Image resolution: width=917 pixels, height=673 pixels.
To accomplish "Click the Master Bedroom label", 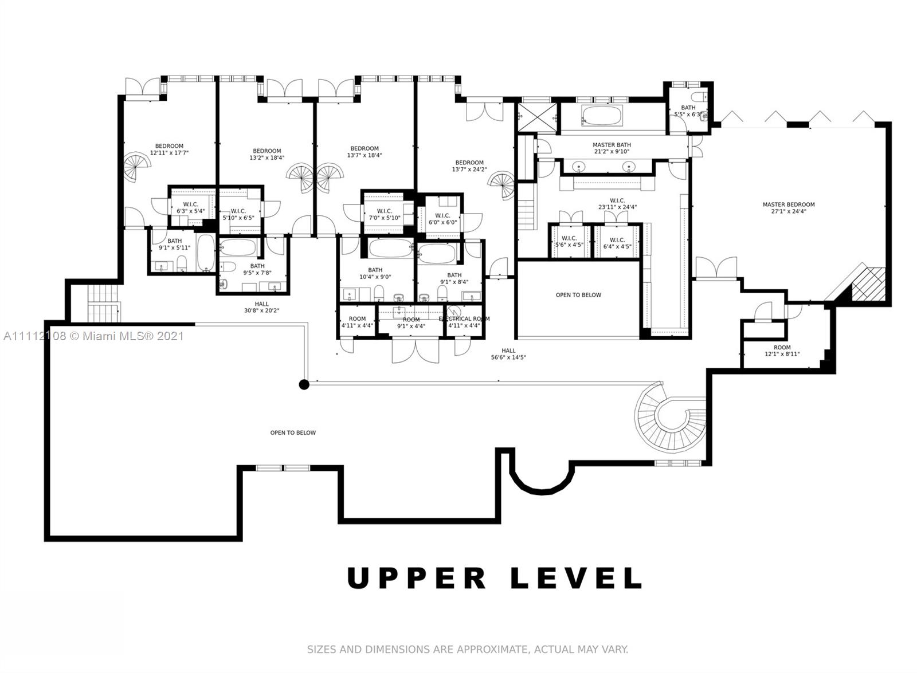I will [x=788, y=208].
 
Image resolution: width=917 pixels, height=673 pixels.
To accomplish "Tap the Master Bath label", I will [x=612, y=148].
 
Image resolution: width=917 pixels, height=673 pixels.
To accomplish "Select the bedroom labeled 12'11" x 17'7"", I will [x=169, y=149].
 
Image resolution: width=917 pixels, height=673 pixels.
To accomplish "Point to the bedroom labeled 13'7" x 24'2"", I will [x=469, y=166].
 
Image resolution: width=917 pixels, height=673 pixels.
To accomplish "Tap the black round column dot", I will [x=304, y=384].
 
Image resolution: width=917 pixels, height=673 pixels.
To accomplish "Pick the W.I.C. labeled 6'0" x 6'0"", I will [x=442, y=219].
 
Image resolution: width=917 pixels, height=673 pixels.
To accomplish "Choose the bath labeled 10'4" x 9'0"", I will [x=375, y=273].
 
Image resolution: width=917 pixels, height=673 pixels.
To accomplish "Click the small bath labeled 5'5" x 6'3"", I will [x=688, y=111].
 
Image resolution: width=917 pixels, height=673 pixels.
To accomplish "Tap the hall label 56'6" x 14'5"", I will [x=508, y=354].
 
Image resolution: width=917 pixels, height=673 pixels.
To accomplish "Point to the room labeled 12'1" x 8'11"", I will [x=782, y=351].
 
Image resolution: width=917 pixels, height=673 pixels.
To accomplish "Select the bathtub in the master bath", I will [x=601, y=116].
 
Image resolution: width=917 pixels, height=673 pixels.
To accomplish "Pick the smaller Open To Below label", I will [x=578, y=295].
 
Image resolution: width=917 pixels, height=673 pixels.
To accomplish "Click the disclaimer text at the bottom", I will [x=468, y=650].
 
